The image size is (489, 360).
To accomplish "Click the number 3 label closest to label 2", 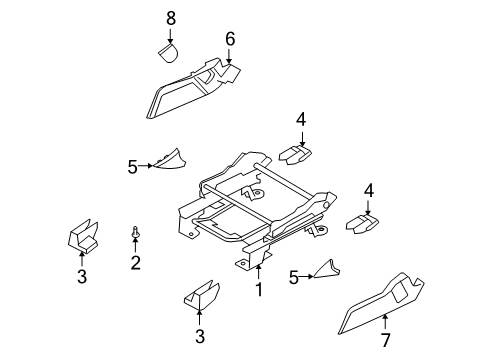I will (x=83, y=277).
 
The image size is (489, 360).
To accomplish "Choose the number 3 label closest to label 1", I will (x=199, y=335).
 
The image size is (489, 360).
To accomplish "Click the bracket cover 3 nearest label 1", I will (x=199, y=301).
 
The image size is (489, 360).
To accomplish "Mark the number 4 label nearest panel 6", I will (x=300, y=120).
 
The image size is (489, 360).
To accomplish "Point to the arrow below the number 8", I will (x=170, y=35).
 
